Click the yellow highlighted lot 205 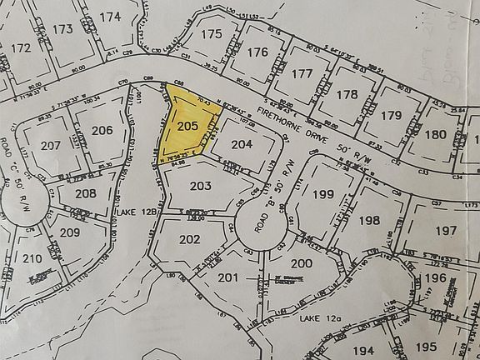[187, 125]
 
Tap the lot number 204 [242, 144]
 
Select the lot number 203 [200, 186]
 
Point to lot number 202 [189, 239]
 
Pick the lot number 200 [301, 264]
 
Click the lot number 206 [102, 130]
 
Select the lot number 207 [51, 145]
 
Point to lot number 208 [84, 193]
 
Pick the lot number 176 [258, 52]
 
